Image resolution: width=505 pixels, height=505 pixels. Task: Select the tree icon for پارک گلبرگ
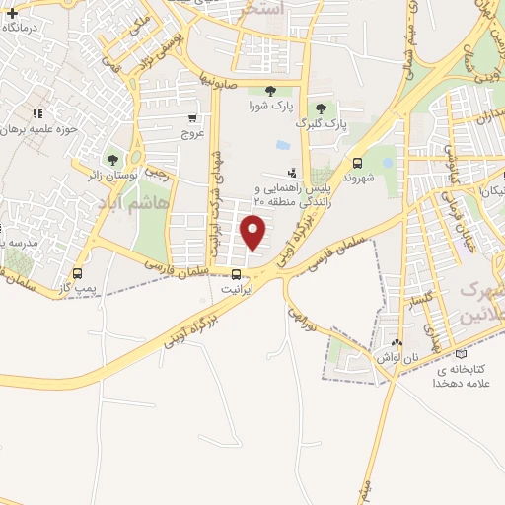point(320,108)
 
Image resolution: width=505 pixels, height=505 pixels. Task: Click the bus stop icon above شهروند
point(356,164)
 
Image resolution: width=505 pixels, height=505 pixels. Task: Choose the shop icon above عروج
point(193,115)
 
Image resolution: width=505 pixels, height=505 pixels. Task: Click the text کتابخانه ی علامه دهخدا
point(461,376)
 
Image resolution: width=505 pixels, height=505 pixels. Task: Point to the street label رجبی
point(158,170)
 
